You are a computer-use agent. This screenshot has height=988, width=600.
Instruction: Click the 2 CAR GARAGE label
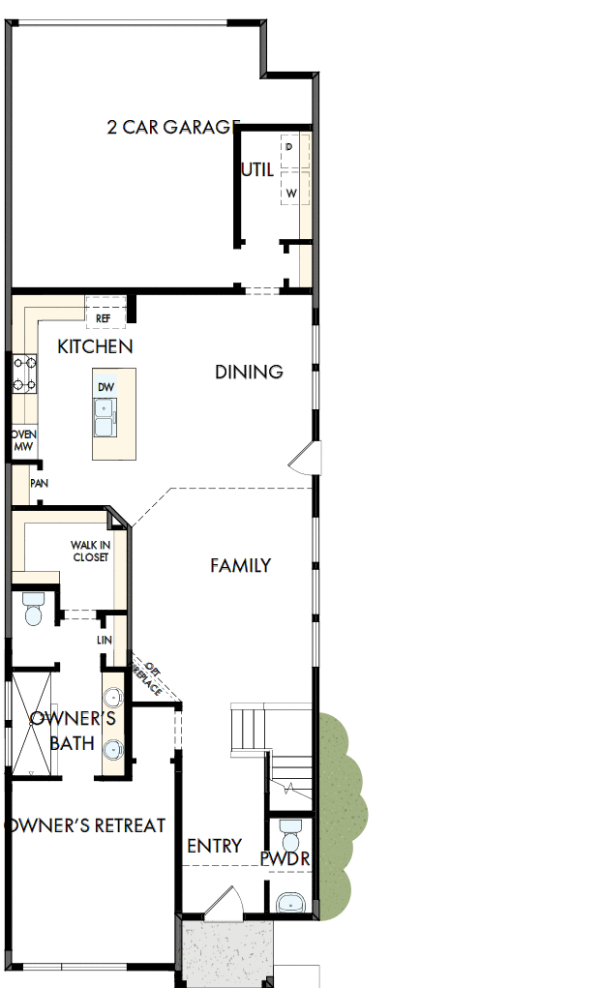[173, 127]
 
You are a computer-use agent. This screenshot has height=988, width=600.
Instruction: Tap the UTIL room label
[257, 169]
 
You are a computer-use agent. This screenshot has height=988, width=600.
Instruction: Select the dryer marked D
[289, 146]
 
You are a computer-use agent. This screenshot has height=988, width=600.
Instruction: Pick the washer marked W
[290, 194]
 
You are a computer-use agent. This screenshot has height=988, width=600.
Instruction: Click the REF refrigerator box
[104, 317]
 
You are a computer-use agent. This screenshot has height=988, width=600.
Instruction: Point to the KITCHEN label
[95, 346]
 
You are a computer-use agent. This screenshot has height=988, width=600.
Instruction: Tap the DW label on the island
[105, 387]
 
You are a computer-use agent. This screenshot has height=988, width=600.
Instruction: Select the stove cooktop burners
[25, 374]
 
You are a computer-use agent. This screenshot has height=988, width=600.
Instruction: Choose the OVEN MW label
[23, 439]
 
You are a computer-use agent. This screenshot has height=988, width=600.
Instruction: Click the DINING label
[249, 372]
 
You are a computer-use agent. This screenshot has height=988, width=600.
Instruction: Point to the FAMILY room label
[240, 566]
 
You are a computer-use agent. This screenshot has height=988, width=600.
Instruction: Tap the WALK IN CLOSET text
[90, 552]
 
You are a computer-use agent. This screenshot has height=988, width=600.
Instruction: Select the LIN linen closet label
[105, 641]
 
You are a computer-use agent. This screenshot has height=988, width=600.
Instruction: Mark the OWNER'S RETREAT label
[85, 826]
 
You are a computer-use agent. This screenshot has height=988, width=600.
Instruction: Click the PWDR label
[285, 859]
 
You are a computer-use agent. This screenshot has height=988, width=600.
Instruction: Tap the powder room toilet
[288, 833]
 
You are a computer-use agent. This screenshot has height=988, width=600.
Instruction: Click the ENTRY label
[214, 846]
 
